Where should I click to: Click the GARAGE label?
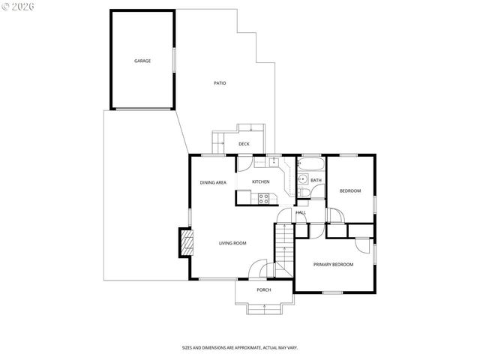pos(142,61)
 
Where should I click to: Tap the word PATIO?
pos(220,83)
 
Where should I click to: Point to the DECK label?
pos(244,144)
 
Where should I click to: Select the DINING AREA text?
pos(213,182)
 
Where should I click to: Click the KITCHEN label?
pos(260,182)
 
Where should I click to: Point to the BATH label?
pos(316,180)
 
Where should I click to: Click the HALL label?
pos(301,212)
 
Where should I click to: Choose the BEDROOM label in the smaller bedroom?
pos(349,191)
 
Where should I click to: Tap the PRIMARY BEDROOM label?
pos(333,264)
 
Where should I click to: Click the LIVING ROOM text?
pos(232,243)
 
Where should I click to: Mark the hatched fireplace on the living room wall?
pos(184,243)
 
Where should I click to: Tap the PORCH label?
pos(264,290)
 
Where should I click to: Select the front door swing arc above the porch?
pos(259,268)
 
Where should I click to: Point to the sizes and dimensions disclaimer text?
pos(240,348)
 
